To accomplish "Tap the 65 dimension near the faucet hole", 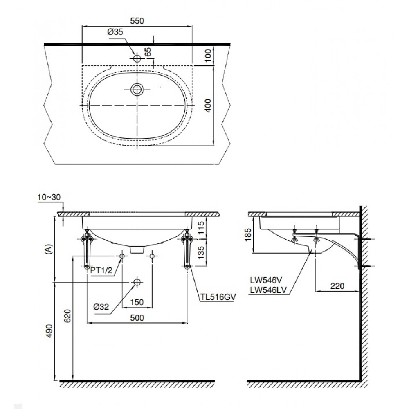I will click(x=148, y=52).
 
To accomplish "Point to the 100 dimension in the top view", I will click(x=208, y=54).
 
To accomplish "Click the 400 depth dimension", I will click(x=208, y=105).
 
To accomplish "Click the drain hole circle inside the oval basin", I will click(x=137, y=89).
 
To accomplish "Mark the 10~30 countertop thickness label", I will click(x=48, y=197).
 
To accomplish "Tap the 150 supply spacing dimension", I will click(x=137, y=302).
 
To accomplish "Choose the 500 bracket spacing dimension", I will click(x=137, y=318).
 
